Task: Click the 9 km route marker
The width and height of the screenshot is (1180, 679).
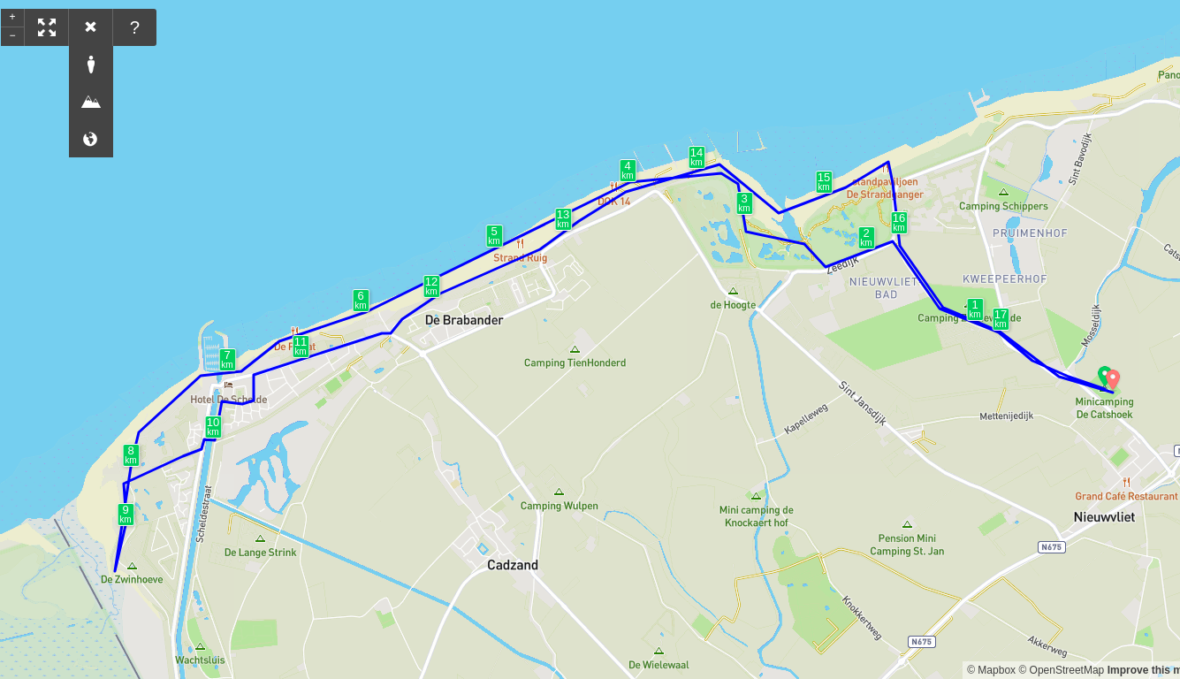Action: click(x=126, y=514)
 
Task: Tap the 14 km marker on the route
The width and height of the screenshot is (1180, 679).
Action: click(x=697, y=156)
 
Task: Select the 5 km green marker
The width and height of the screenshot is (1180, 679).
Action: click(x=494, y=235)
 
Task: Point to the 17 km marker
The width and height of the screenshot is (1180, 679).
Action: click(x=1001, y=318)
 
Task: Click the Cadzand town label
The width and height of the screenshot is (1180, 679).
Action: click(x=513, y=565)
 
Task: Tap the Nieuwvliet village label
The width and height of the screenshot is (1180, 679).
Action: click(x=1104, y=517)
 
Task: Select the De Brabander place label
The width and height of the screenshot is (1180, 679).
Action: click(x=464, y=320)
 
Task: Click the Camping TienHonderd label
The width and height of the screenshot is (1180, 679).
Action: click(x=575, y=362)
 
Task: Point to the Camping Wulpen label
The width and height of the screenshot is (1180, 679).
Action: click(x=559, y=506)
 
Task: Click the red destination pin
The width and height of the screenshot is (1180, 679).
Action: click(x=1113, y=379)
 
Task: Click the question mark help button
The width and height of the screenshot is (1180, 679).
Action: click(x=134, y=27)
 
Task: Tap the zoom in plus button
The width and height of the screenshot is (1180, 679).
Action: click(x=12, y=17)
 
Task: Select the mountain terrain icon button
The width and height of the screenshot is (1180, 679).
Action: click(x=91, y=102)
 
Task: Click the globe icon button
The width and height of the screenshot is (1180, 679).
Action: click(x=91, y=139)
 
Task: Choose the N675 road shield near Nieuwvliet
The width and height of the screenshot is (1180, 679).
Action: click(x=1051, y=547)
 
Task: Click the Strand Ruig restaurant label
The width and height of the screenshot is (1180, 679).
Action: click(x=520, y=257)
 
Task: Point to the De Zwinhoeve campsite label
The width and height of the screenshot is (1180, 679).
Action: click(x=132, y=579)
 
